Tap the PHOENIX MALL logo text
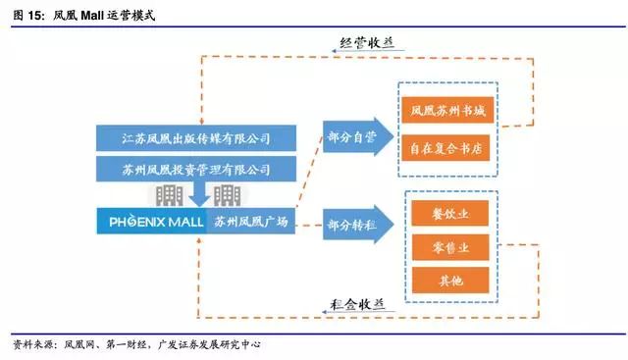152,222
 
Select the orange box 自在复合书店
448,149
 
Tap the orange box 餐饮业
449,213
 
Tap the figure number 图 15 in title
26,17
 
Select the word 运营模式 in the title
129,17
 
